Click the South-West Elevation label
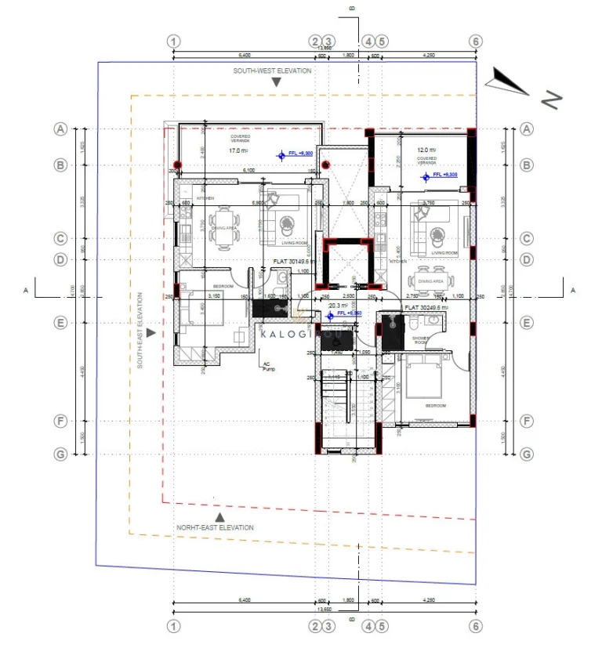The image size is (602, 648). pos(271,71)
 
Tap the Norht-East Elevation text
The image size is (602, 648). pos(215,527)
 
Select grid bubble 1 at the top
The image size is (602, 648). pos(174,41)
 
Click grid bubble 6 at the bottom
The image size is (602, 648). pos(475,626)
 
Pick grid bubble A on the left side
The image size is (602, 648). pos(60,129)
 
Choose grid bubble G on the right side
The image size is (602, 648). pos(527,454)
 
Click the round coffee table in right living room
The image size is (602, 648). pos(436,233)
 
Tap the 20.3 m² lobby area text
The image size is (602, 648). pos(338,306)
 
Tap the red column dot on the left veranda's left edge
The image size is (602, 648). pos(178,165)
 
